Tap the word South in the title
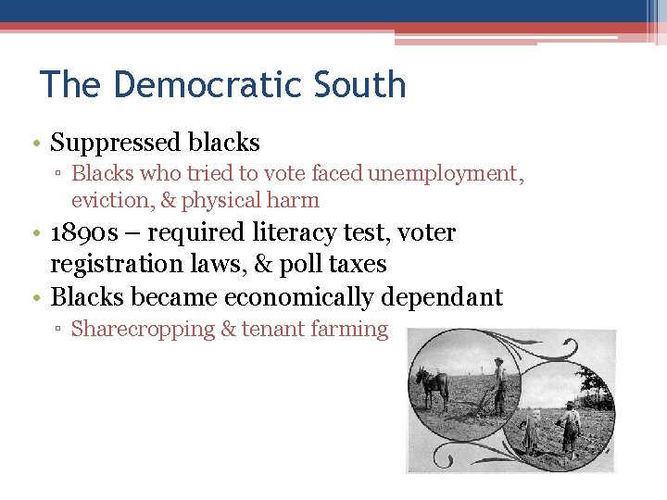359,84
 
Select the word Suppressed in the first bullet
115,143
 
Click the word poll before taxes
300,264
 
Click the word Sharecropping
143,329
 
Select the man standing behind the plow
499,384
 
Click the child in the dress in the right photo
532,431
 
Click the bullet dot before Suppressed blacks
34,144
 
